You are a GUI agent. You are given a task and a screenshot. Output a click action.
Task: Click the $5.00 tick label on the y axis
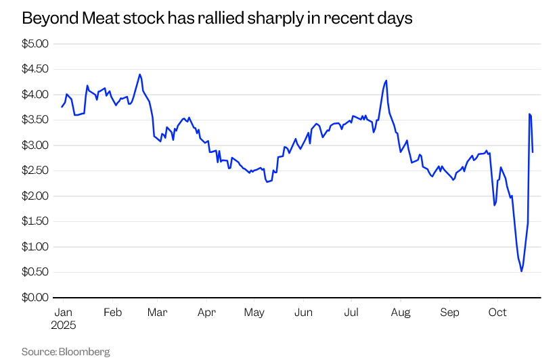(36, 44)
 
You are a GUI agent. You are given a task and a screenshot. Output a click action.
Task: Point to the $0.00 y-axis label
(36, 298)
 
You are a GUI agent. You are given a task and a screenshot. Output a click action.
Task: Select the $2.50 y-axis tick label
(36, 171)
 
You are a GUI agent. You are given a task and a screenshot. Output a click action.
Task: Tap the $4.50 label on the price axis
(36, 69)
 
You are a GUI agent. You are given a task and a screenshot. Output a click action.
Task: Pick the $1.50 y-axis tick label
(36, 221)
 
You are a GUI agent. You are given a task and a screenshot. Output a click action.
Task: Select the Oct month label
(497, 313)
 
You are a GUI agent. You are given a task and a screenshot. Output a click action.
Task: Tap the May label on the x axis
(254, 313)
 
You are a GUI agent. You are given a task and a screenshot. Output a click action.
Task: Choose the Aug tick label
(401, 313)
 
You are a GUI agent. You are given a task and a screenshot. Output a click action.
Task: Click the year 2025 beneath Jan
(64, 325)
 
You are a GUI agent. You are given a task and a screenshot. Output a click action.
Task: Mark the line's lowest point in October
(521, 271)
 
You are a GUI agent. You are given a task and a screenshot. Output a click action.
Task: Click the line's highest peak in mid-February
(139, 74)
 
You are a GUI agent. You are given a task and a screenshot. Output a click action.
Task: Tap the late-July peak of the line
(386, 81)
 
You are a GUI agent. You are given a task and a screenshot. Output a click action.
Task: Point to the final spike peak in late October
(529, 114)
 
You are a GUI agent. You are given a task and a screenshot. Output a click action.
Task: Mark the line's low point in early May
(267, 182)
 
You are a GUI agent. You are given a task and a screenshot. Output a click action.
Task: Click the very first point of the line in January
(62, 107)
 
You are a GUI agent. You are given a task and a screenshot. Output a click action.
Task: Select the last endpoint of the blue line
(533, 152)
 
